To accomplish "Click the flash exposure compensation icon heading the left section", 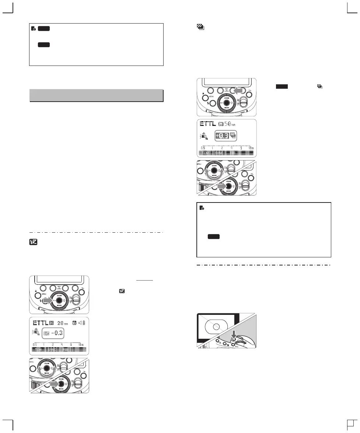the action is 33,243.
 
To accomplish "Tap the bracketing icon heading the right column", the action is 200,27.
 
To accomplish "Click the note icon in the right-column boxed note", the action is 202,208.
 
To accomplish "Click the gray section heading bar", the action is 96,95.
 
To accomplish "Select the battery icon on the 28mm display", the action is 85,323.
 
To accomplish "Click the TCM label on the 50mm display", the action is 206,152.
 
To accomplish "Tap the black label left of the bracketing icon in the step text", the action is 282,87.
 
